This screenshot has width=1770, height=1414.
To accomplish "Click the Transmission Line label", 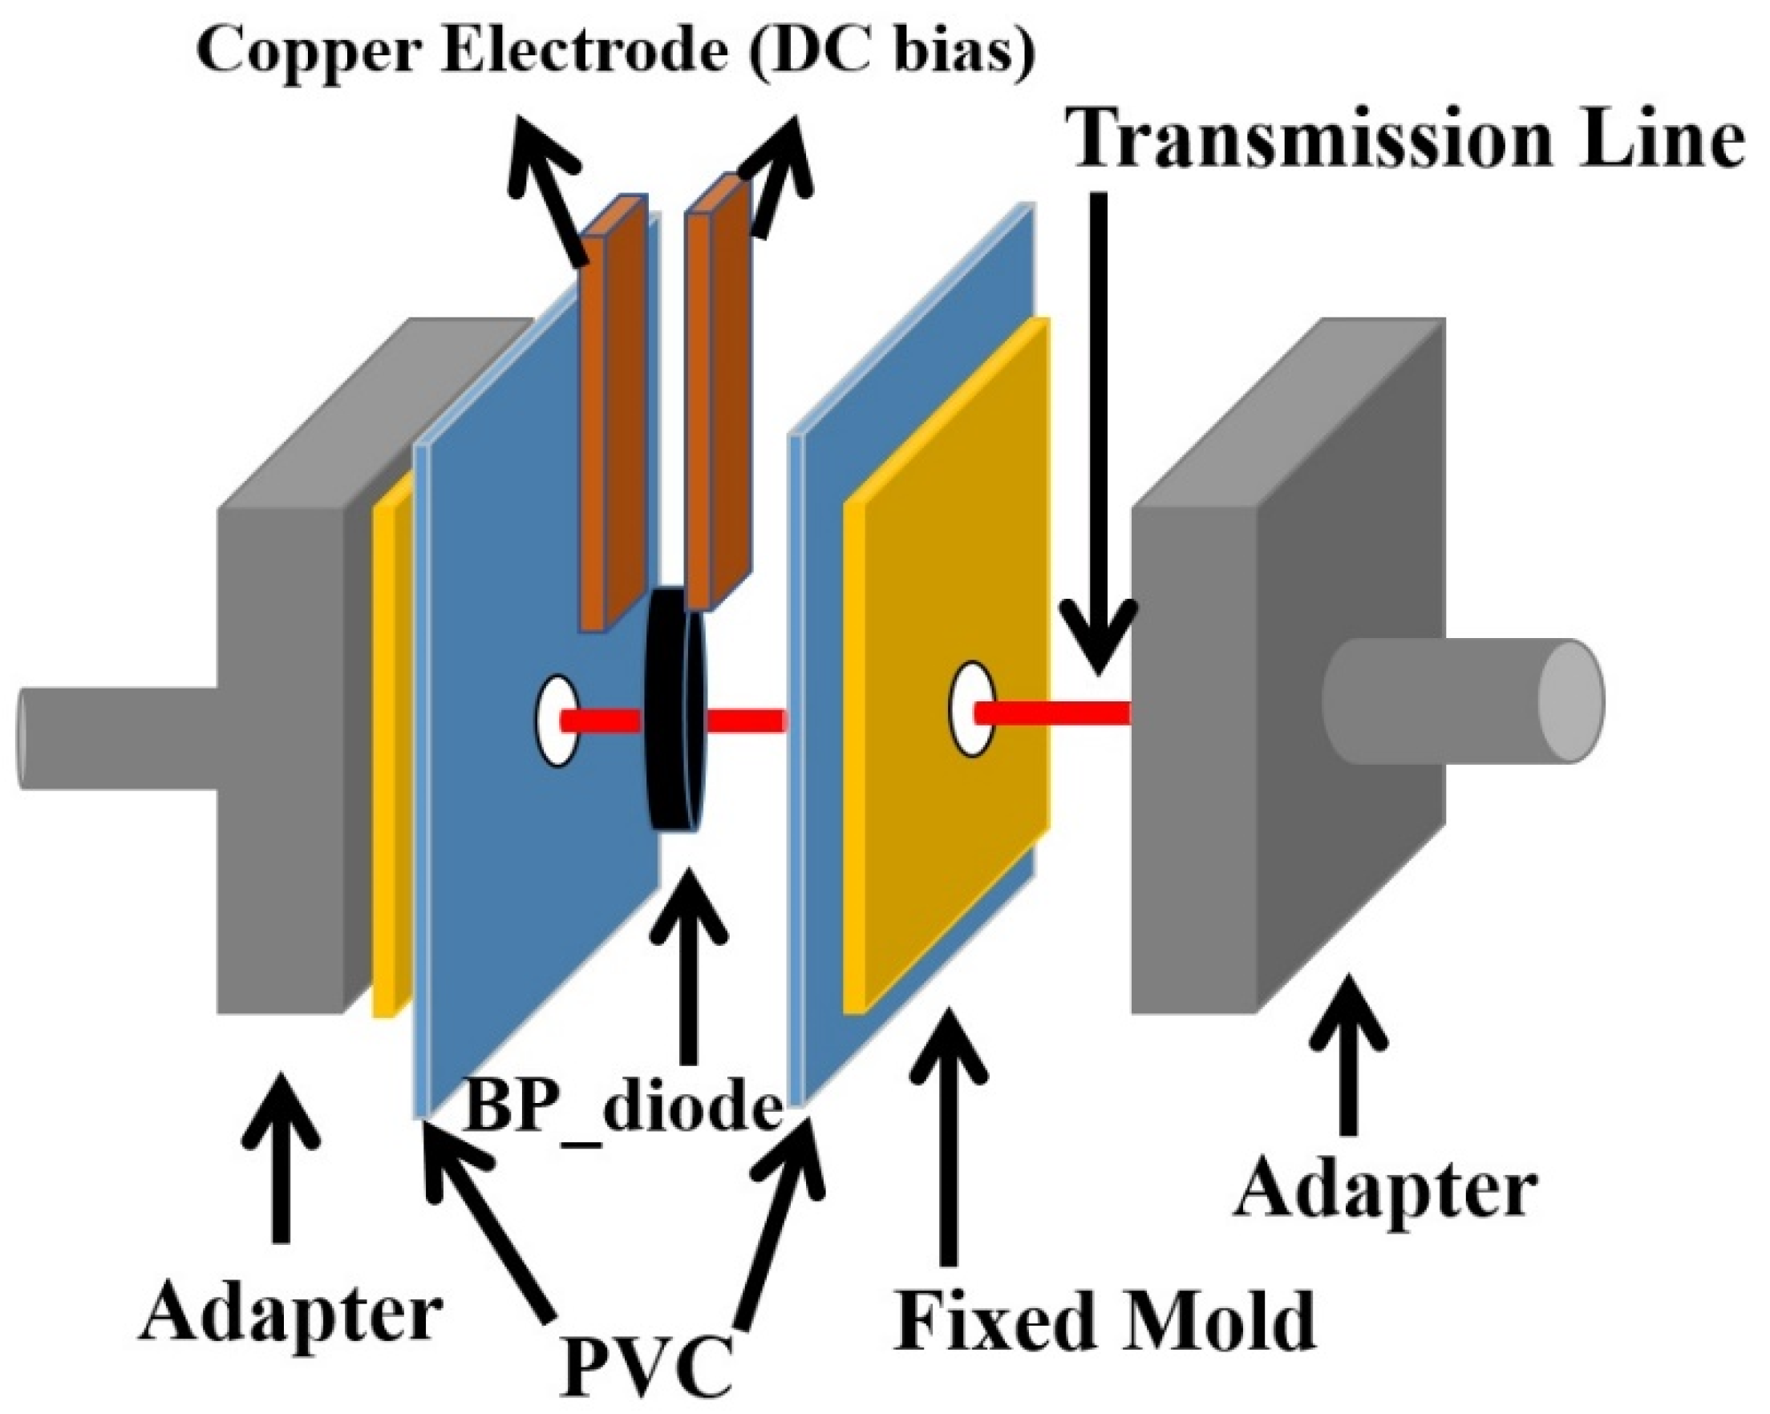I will (x=1407, y=139).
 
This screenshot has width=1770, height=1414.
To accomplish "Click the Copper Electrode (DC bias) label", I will (x=616, y=50).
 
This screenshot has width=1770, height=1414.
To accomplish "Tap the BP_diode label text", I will (x=622, y=1107).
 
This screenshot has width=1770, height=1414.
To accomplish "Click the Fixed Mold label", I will (x=1104, y=1321).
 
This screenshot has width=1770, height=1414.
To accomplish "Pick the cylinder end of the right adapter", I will (x=1570, y=701).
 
